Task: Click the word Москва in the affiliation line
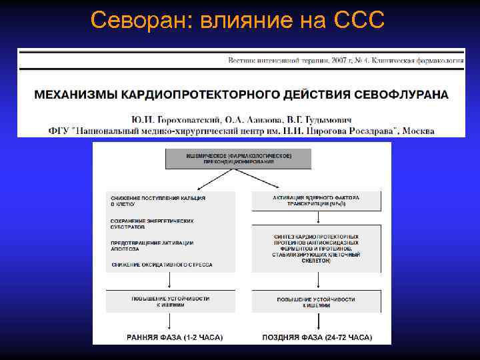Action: pyautogui.click(x=419, y=131)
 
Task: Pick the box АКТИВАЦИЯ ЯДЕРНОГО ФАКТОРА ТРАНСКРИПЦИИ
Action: pyautogui.click(x=316, y=201)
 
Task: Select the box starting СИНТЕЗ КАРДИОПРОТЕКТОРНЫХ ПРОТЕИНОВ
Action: pyautogui.click(x=316, y=248)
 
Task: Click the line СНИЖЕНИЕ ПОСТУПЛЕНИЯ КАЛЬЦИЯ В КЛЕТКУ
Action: pyautogui.click(x=158, y=201)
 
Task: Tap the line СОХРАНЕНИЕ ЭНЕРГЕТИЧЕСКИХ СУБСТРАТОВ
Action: pyautogui.click(x=153, y=224)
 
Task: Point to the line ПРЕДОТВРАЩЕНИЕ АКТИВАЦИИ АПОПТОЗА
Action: pyautogui.click(x=153, y=245)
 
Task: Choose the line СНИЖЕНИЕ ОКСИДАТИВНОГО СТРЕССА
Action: pyautogui.click(x=162, y=265)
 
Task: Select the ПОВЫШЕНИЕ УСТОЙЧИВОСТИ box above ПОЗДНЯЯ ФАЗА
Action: pyautogui.click(x=316, y=301)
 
